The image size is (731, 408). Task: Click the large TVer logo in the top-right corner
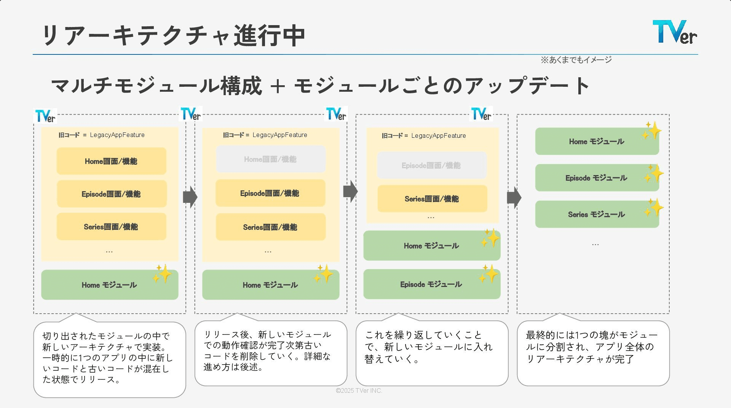[674, 32]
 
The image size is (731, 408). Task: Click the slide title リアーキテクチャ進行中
[173, 35]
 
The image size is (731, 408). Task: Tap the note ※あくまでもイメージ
[576, 60]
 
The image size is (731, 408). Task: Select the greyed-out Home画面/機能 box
[270, 159]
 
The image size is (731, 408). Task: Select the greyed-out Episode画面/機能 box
[431, 165]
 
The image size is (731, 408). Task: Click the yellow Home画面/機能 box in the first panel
[111, 161]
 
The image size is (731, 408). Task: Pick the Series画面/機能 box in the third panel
[432, 199]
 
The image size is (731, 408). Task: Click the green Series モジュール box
[596, 214]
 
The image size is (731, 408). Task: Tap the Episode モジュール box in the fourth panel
[596, 178]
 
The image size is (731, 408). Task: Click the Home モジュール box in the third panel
[431, 245]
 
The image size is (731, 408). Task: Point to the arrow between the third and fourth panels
[514, 198]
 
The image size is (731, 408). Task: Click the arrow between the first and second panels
[190, 197]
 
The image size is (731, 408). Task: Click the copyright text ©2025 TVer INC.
[359, 390]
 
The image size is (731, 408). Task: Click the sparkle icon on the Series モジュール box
[654, 207]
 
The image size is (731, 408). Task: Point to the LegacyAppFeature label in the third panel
[438, 135]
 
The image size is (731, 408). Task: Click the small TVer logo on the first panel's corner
[45, 116]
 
